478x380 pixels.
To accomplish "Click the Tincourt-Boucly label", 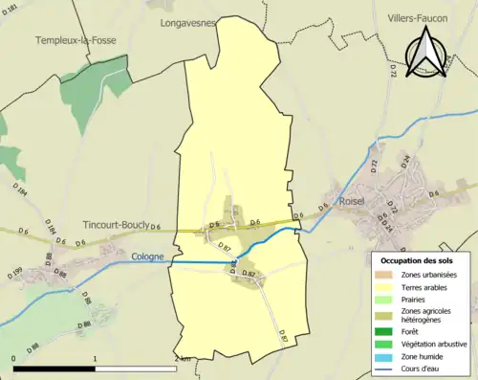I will (108, 225).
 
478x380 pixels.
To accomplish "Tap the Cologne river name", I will (148, 257).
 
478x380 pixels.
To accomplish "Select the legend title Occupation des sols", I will (419, 260).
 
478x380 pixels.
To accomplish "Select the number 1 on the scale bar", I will (96, 357).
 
